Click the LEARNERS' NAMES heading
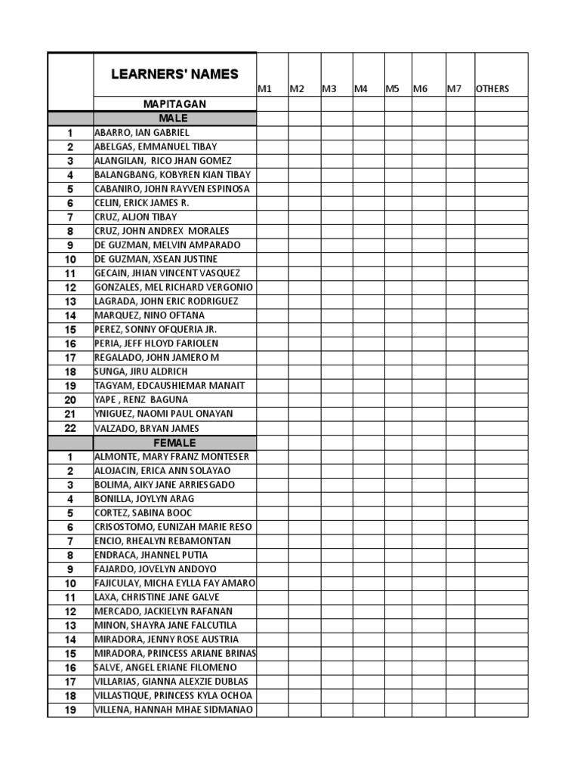coord(174,74)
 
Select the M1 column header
coord(264,89)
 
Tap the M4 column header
coord(361,89)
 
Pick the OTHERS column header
coord(492,89)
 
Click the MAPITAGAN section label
coord(174,104)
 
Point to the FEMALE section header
coord(174,442)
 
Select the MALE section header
coord(174,119)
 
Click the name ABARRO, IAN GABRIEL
coord(142,133)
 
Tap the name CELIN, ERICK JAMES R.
coord(141,203)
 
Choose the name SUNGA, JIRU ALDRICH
coord(141,371)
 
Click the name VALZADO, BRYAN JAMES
coord(147,428)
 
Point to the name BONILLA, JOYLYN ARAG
coord(143,499)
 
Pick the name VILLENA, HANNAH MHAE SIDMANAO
coord(174,710)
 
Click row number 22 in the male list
coord(70,428)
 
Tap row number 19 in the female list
coord(70,710)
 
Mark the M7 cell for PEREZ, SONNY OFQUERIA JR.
coord(459,329)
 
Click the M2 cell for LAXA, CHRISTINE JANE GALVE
coord(304,597)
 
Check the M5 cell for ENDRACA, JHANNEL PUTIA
coord(397,555)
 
